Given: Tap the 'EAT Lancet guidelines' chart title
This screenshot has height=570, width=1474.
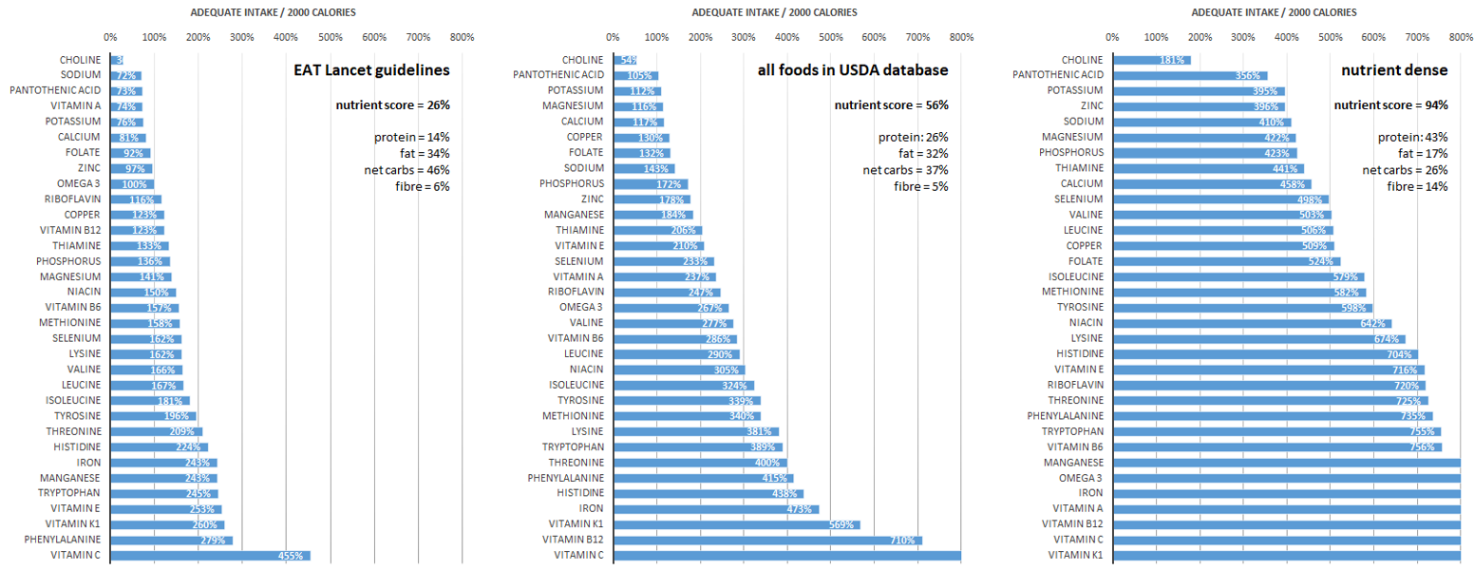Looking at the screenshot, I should pos(370,70).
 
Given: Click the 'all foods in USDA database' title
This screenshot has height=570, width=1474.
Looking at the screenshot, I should pos(853,70).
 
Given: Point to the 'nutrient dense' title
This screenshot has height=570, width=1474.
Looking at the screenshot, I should pos(1394,70).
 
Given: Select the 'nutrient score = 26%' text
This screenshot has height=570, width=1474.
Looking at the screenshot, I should pos(392,104).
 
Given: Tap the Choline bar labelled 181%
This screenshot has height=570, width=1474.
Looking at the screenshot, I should pos(1151,60).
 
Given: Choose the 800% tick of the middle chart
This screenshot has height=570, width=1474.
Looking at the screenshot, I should pos(961,37).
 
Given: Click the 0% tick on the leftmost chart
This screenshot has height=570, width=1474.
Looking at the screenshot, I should pos(111,37).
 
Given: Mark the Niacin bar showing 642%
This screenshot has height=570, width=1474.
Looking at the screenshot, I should pos(1252,323).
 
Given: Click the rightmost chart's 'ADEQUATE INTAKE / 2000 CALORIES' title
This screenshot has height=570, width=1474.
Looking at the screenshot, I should pos(1274,12).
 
